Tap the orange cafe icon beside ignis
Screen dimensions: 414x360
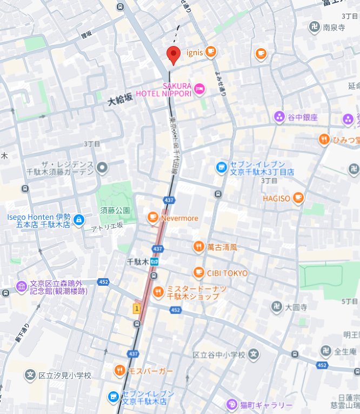click(x=210, y=52)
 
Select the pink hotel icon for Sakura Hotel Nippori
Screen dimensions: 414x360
click(x=199, y=89)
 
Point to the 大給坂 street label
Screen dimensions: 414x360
click(x=120, y=99)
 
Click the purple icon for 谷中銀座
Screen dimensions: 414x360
click(x=279, y=117)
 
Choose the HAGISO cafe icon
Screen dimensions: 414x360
click(x=298, y=199)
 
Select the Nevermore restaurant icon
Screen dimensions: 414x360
click(x=152, y=218)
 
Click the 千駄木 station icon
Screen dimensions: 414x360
click(x=155, y=261)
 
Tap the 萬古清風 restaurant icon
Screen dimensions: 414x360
click(x=199, y=247)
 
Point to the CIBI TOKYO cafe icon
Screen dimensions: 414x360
click(x=199, y=273)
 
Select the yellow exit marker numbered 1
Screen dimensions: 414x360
click(x=137, y=308)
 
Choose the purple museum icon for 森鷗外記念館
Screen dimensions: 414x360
click(x=21, y=286)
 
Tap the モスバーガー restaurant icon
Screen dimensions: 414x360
click(x=119, y=371)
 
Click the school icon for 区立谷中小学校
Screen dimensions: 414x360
click(x=254, y=355)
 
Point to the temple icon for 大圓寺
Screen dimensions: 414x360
click(x=276, y=307)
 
